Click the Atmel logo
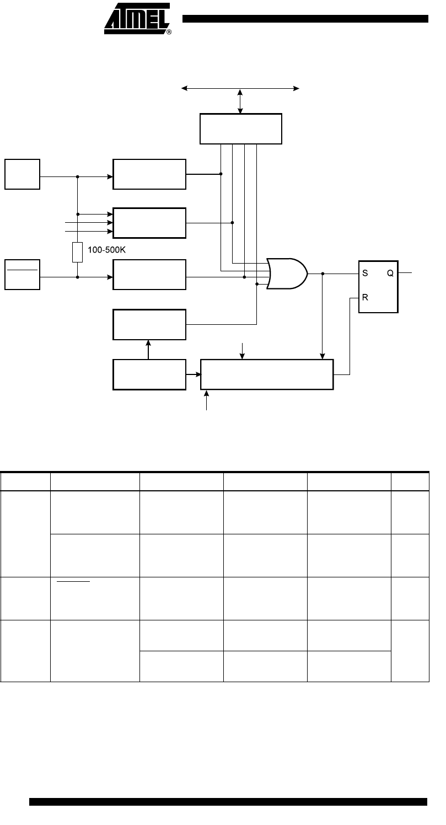click(137, 18)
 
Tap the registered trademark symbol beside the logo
click(169, 32)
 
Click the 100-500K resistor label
click(106, 250)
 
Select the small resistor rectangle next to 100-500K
click(77, 252)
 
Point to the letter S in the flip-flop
click(365, 273)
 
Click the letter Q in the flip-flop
click(390, 273)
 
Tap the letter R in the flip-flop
click(365, 297)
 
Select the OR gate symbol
click(287, 274)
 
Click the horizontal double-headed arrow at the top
click(240, 88)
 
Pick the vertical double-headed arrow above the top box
click(240, 101)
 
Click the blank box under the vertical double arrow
click(241, 129)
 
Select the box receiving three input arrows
click(149, 223)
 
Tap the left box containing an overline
click(22, 275)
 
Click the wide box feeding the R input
click(267, 374)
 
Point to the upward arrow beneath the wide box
click(206, 400)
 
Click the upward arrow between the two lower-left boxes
click(148, 350)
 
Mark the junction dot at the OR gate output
click(323, 274)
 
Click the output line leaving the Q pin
click(405, 273)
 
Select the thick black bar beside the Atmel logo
click(305, 19)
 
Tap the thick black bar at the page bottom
click(228, 802)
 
